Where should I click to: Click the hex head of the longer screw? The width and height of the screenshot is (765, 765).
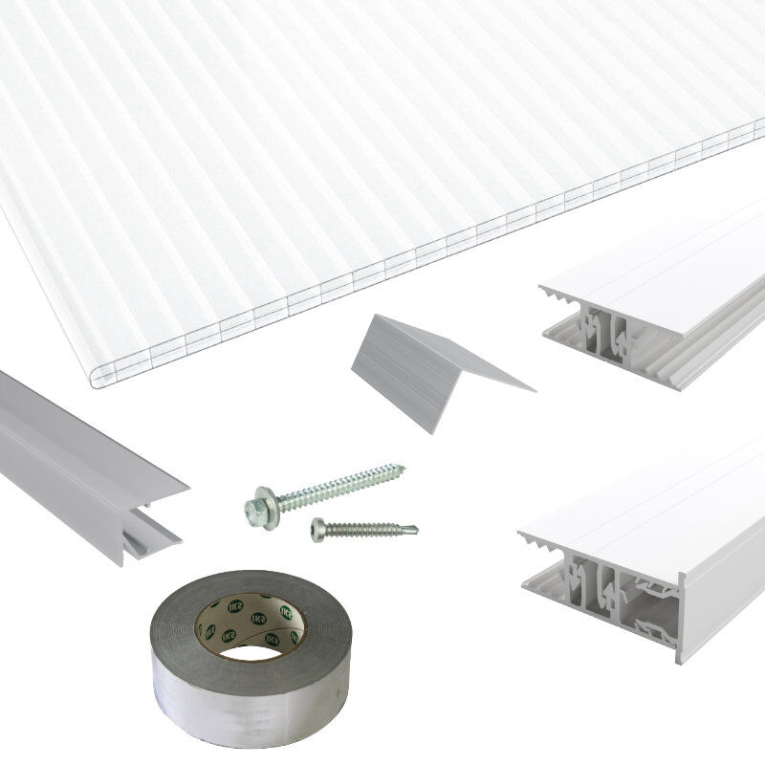(256, 503)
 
